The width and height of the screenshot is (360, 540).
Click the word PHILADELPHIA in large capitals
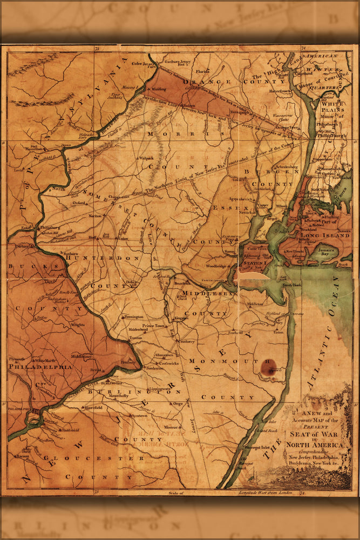(40, 366)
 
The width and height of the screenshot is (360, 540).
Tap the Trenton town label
(134, 337)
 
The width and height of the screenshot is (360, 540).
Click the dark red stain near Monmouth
(268, 367)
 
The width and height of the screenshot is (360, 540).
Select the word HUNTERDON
(103, 259)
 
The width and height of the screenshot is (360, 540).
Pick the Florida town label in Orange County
(202, 71)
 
